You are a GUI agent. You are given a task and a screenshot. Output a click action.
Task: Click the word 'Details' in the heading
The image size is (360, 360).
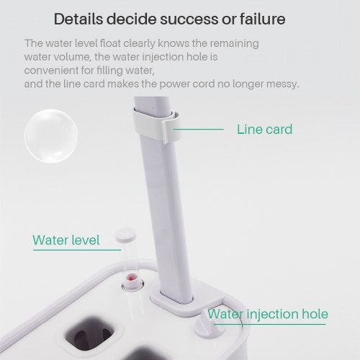pyautogui.click(x=78, y=19)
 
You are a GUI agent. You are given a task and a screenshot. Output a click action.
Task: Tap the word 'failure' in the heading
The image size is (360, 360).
pyautogui.click(x=263, y=19)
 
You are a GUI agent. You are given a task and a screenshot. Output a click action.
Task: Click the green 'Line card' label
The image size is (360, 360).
pyautogui.click(x=265, y=130)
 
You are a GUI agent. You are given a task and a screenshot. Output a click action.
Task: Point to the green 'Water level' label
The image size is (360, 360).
pyautogui.click(x=66, y=240)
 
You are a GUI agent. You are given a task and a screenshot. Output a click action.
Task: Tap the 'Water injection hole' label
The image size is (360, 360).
pyautogui.click(x=268, y=315)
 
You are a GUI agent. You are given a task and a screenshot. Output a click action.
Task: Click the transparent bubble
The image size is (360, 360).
pyautogui.click(x=51, y=136)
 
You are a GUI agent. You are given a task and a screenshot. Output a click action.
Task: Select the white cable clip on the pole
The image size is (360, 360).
pyautogui.click(x=156, y=125)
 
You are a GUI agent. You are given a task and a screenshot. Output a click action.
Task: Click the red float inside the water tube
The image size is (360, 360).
pyautogui.click(x=131, y=278)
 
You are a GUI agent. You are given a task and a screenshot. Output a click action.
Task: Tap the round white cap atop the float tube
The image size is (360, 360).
pyautogui.click(x=126, y=235)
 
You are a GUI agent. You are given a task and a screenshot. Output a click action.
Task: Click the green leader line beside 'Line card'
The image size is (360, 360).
pyautogui.click(x=199, y=129)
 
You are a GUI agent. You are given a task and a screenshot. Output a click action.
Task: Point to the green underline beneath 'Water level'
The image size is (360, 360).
pyautogui.click(x=77, y=250)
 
